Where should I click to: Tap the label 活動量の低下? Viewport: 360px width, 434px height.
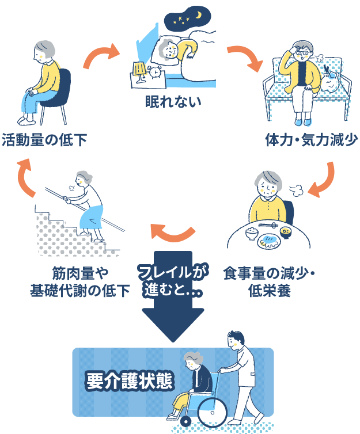click(44, 140)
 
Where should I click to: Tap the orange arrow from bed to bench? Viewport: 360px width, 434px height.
click(242, 57)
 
